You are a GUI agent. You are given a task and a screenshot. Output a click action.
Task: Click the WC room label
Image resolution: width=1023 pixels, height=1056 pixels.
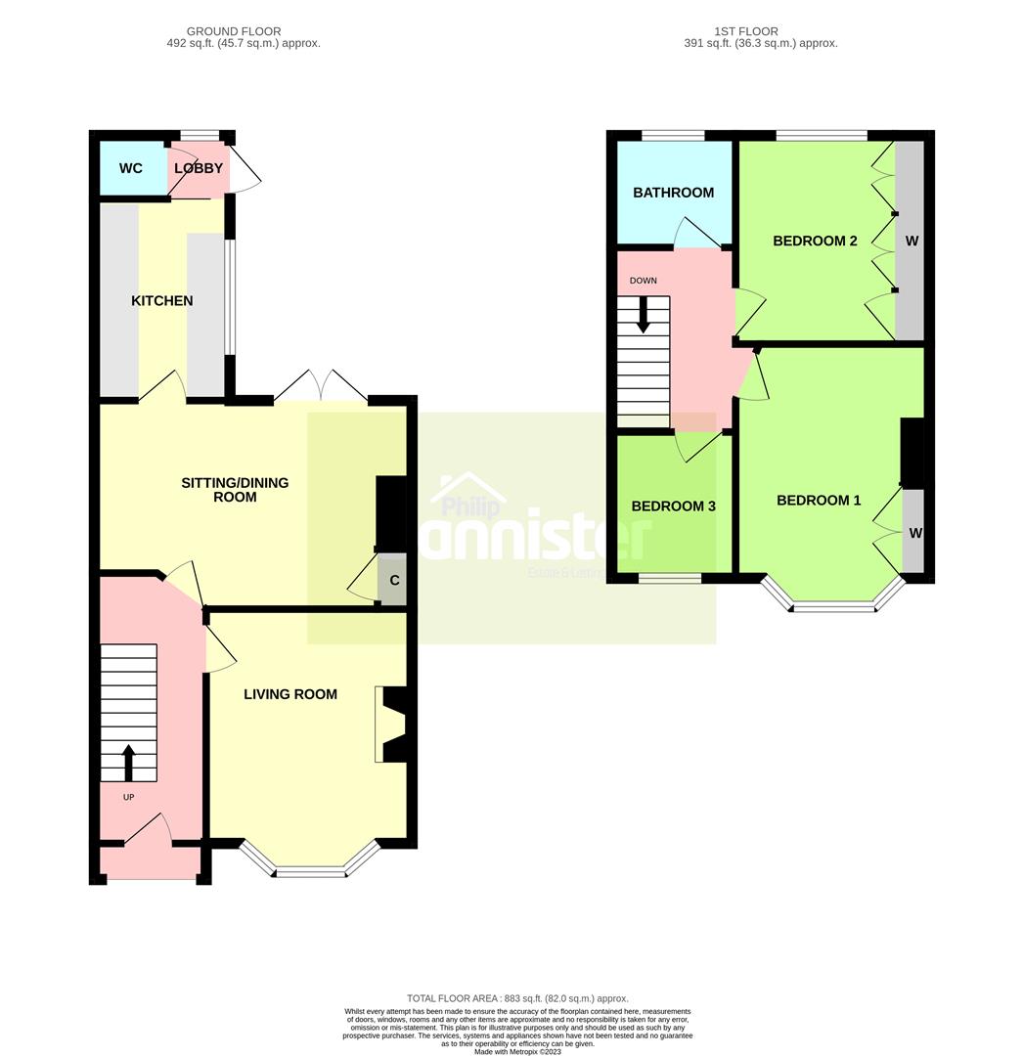pos(130,168)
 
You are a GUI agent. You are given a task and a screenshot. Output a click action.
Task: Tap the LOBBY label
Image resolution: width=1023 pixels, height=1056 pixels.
pos(199,168)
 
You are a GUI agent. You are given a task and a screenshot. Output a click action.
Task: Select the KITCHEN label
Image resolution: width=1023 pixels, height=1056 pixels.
pos(162,301)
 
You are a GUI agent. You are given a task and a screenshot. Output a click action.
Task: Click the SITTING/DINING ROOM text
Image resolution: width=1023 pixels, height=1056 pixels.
pos(235,490)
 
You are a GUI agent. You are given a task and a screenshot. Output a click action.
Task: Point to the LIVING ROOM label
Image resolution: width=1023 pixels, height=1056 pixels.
pos(290,694)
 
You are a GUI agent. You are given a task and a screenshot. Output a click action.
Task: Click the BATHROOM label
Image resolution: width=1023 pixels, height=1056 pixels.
pos(673,193)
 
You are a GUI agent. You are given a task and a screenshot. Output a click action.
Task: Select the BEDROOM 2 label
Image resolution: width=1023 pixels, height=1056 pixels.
pos(815,241)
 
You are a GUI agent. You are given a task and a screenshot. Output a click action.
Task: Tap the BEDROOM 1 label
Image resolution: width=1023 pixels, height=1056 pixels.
pos(819,501)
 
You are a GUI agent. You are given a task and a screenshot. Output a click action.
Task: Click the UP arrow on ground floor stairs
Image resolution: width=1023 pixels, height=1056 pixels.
pos(128,763)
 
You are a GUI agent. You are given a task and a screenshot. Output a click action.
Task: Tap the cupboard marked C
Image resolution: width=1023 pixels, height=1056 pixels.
pos(394,580)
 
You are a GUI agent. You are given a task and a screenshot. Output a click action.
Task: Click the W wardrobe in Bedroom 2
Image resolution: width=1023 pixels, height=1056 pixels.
pos(911,241)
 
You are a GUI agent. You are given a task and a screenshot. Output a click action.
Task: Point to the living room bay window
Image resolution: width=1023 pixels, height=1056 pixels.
pos(310,866)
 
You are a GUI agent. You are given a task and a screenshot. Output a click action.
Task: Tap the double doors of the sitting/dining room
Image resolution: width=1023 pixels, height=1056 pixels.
pos(321,387)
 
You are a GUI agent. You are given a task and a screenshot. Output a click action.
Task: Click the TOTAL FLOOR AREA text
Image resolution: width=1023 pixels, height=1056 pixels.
pos(517,997)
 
